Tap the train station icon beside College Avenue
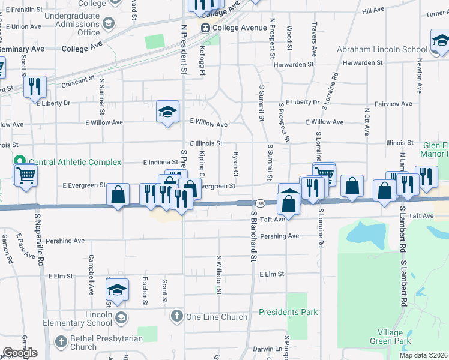205,28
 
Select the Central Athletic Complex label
75,162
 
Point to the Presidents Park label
288,312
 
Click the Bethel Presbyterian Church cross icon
60,342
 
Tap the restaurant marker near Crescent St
37,86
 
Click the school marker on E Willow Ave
168,111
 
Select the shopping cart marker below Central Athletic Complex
26,176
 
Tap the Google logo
20,353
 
